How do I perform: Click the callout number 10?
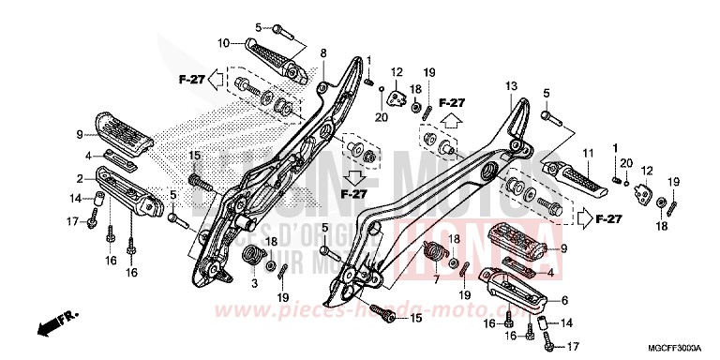pyautogui.click(x=224, y=43)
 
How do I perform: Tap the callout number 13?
pyautogui.click(x=511, y=85)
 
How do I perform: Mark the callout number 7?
pyautogui.click(x=435, y=280)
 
